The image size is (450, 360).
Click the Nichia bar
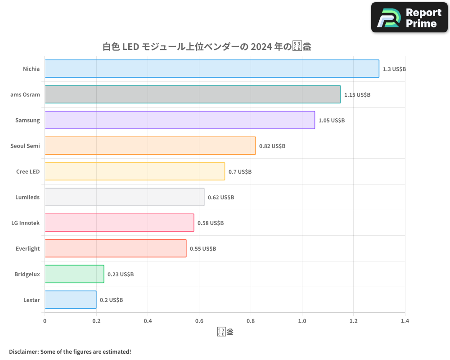tap(211, 69)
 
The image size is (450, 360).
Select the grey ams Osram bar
tap(193, 94)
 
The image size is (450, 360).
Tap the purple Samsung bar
tap(180, 120)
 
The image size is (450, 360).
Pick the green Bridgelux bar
tap(74, 274)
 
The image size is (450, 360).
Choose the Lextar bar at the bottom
tap(70, 300)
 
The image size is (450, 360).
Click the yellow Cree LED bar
tap(135, 171)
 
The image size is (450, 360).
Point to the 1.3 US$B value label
tap(394, 69)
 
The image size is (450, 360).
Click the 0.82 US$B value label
tap(272, 146)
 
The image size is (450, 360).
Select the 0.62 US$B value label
tap(221, 198)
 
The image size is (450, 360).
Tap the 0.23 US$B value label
tap(121, 274)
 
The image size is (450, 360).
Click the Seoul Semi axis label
tap(25, 146)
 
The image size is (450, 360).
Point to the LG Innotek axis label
tap(26, 223)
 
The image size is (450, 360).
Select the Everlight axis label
tap(28, 248)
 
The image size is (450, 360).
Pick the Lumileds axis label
tap(28, 197)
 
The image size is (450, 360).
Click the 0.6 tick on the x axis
tap(199, 321)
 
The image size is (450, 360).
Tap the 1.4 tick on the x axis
tap(405, 321)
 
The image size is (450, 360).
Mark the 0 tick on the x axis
tap(45, 321)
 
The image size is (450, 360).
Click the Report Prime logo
tap(409, 18)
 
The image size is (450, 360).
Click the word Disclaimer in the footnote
tap(23, 351)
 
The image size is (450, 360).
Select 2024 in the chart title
tap(261, 46)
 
